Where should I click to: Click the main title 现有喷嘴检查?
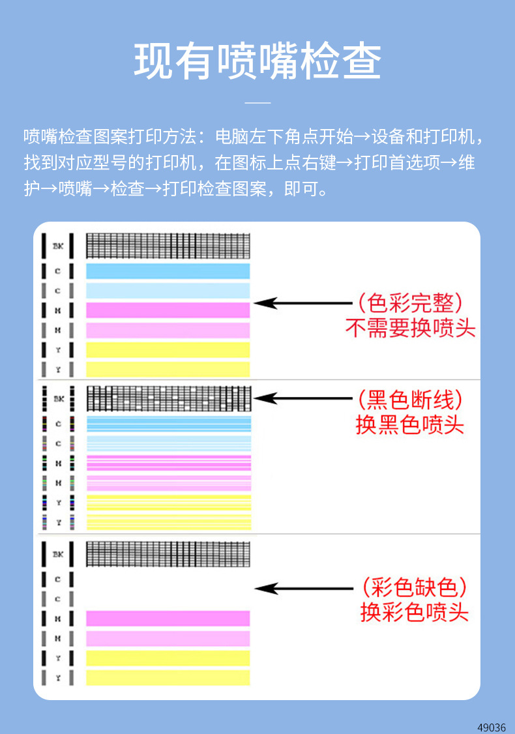(x=257, y=62)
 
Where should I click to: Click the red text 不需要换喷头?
(x=410, y=328)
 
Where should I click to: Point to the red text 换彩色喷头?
(x=414, y=612)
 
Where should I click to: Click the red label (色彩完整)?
(x=410, y=303)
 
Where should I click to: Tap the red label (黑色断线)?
(x=410, y=398)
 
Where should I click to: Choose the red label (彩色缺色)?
(x=414, y=587)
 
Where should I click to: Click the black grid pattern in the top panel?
(x=168, y=246)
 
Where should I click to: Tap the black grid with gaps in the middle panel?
(x=168, y=398)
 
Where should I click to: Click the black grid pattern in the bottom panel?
(x=168, y=553)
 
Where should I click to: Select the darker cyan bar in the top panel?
(x=168, y=271)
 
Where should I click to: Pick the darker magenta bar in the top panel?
(x=168, y=310)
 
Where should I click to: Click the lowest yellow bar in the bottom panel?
(x=168, y=678)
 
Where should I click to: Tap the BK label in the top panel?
(x=57, y=246)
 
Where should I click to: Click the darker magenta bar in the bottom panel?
(x=168, y=619)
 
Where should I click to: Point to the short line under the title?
(x=257, y=102)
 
